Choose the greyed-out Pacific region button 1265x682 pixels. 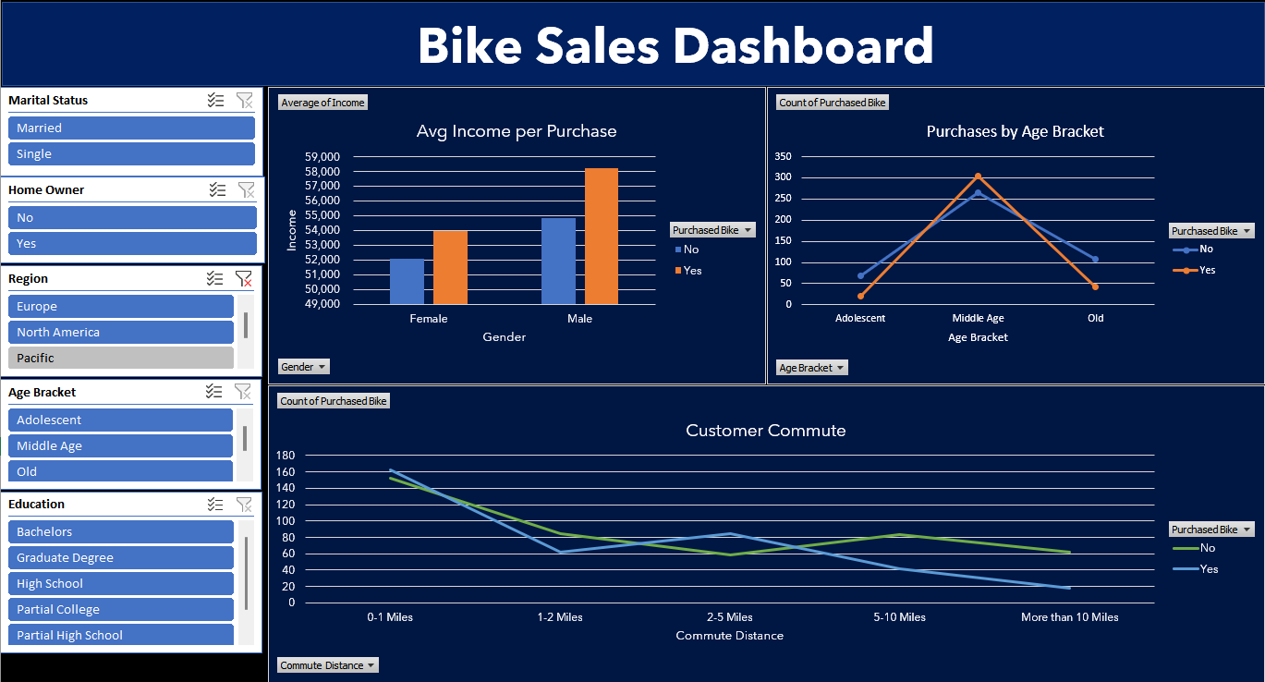click(x=120, y=359)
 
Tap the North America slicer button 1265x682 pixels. click(x=120, y=333)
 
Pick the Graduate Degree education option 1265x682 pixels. click(x=120, y=558)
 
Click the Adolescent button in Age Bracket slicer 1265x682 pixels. click(x=120, y=420)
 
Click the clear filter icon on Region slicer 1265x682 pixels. click(x=243, y=279)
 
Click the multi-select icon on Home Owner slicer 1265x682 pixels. click(x=216, y=190)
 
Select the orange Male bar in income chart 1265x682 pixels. click(x=601, y=237)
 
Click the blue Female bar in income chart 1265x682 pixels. click(x=407, y=282)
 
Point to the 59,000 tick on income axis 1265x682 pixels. click(x=322, y=157)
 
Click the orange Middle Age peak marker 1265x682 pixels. click(x=978, y=177)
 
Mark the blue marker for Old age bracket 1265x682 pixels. click(x=1095, y=260)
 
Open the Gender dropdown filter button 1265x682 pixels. click(x=304, y=367)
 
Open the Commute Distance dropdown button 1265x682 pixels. click(x=328, y=665)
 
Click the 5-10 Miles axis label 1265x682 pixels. click(x=899, y=617)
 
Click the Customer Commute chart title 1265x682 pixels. click(x=765, y=431)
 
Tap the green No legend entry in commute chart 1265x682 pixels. click(x=1196, y=548)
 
